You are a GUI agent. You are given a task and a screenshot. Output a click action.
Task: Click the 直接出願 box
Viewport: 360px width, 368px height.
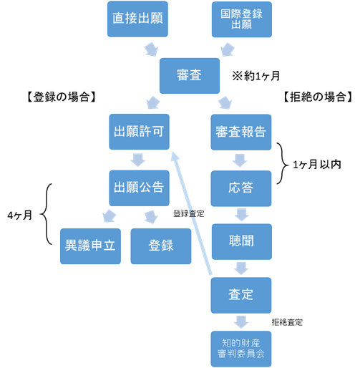[137, 19]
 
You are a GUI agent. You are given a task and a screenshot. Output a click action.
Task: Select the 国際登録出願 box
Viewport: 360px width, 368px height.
[242, 19]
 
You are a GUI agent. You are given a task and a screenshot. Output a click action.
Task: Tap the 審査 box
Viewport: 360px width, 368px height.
[190, 76]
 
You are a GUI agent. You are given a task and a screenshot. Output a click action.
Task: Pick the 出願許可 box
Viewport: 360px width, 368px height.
[139, 132]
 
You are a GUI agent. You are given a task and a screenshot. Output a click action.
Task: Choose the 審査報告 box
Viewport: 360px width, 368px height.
[241, 132]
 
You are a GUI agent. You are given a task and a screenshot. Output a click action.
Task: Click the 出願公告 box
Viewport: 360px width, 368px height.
[139, 188]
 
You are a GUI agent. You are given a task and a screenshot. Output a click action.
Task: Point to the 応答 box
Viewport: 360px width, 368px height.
[241, 188]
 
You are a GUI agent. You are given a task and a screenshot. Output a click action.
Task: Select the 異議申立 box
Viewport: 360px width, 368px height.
[90, 246]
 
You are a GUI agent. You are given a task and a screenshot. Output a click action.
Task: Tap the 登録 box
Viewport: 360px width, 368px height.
[161, 246]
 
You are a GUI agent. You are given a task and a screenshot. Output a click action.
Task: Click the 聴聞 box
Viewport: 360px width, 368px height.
[242, 242]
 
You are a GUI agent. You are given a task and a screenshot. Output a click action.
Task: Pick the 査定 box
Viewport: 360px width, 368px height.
[241, 295]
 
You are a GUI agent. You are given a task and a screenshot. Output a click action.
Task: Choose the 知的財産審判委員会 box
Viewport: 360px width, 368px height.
[241, 349]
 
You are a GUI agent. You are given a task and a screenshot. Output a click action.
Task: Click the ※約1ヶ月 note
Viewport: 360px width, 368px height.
[256, 76]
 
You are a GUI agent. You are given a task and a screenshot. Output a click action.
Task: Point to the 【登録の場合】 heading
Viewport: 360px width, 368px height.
[62, 97]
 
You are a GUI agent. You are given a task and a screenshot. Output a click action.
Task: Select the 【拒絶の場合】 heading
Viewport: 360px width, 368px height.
[318, 97]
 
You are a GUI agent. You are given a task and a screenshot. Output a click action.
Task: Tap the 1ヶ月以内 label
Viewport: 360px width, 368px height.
[317, 165]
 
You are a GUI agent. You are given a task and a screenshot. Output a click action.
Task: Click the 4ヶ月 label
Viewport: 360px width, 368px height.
[19, 216]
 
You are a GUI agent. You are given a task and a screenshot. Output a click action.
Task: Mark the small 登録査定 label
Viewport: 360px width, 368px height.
[188, 213]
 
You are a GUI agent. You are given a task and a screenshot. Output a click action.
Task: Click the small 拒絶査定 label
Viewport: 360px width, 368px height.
[287, 322]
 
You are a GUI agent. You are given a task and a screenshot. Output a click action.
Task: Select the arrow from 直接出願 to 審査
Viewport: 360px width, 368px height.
[151, 49]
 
